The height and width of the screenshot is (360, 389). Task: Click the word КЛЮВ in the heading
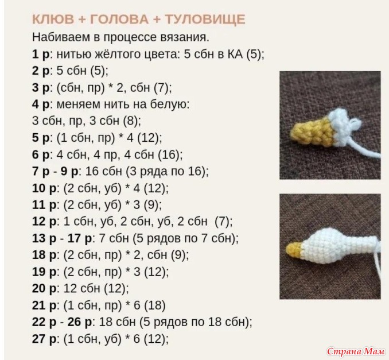pyautogui.click(x=53, y=20)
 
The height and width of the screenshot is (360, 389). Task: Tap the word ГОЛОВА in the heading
pyautogui.click(x=119, y=20)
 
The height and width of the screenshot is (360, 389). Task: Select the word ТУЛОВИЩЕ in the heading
pyautogui.click(x=205, y=20)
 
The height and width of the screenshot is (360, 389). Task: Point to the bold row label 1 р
pyautogui.click(x=41, y=55)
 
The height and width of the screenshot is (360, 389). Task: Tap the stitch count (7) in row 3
pyautogui.click(x=161, y=88)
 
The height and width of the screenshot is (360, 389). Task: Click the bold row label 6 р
pyautogui.click(x=41, y=155)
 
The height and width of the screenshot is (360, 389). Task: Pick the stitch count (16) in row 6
pyautogui.click(x=169, y=154)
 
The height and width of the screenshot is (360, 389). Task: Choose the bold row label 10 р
pyautogui.click(x=44, y=188)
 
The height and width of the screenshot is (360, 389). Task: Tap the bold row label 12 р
pyautogui.click(x=44, y=222)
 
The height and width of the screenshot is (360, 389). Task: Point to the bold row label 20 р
pyautogui.click(x=44, y=288)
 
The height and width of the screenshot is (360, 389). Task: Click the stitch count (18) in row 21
pyautogui.click(x=155, y=305)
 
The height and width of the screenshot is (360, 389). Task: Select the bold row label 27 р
pyautogui.click(x=44, y=339)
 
